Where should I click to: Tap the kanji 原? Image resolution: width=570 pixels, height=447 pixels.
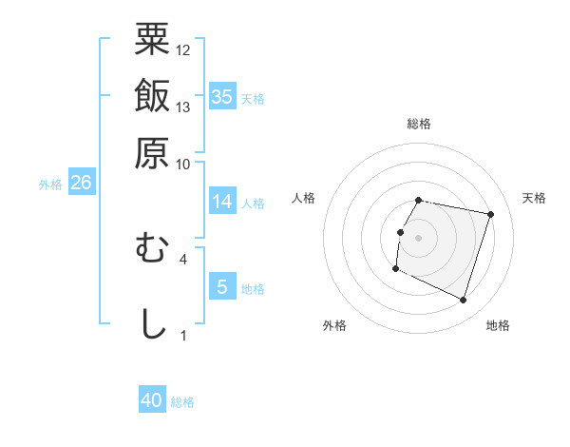(x=152, y=152)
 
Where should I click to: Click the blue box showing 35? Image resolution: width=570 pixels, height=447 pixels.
(x=222, y=96)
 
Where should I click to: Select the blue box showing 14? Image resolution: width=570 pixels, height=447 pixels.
(x=222, y=202)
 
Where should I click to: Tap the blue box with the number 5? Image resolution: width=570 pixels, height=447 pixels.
(x=222, y=286)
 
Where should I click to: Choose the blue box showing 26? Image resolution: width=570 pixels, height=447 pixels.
(x=81, y=183)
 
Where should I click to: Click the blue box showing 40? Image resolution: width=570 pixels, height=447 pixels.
(x=152, y=401)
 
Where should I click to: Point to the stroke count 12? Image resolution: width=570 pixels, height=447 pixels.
(x=183, y=50)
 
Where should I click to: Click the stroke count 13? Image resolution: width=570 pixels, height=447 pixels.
(x=183, y=107)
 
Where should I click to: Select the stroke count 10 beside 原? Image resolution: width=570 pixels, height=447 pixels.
(x=183, y=164)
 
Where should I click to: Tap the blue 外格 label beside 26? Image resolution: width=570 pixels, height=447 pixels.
(x=50, y=185)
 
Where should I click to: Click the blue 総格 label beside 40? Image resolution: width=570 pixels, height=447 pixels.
(x=182, y=402)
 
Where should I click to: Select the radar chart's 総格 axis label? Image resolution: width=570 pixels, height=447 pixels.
(x=419, y=125)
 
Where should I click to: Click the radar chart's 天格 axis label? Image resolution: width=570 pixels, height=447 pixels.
(x=534, y=198)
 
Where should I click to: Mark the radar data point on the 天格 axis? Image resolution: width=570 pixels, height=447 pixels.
(x=490, y=215)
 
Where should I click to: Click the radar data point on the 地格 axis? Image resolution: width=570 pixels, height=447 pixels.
(x=463, y=301)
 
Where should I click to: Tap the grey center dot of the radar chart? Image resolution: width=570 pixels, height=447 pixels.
(x=419, y=238)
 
